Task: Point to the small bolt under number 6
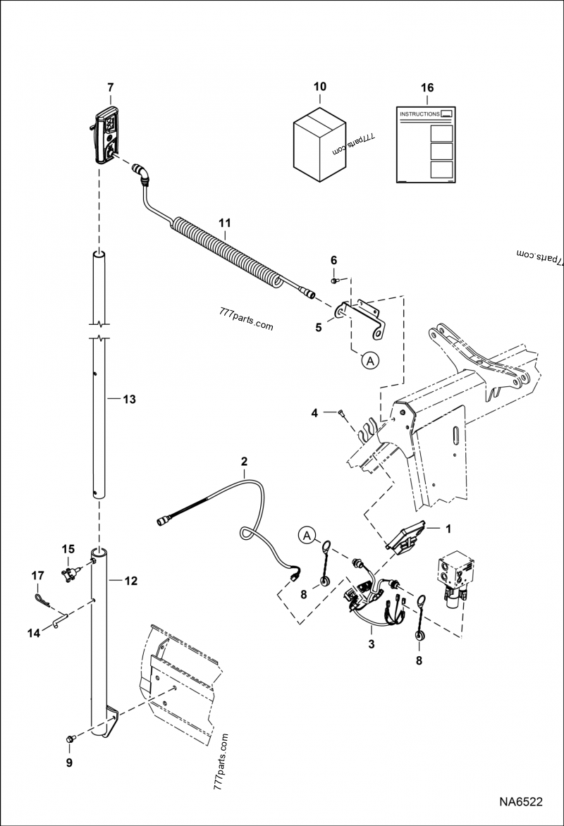pos(335,281)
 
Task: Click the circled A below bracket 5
pos(371,360)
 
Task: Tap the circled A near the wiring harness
pos(305,536)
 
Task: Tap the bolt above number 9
pos(69,739)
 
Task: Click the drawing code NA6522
pos(521,802)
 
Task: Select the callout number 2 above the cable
pos(244,462)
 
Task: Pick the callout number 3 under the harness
pos(371,643)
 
